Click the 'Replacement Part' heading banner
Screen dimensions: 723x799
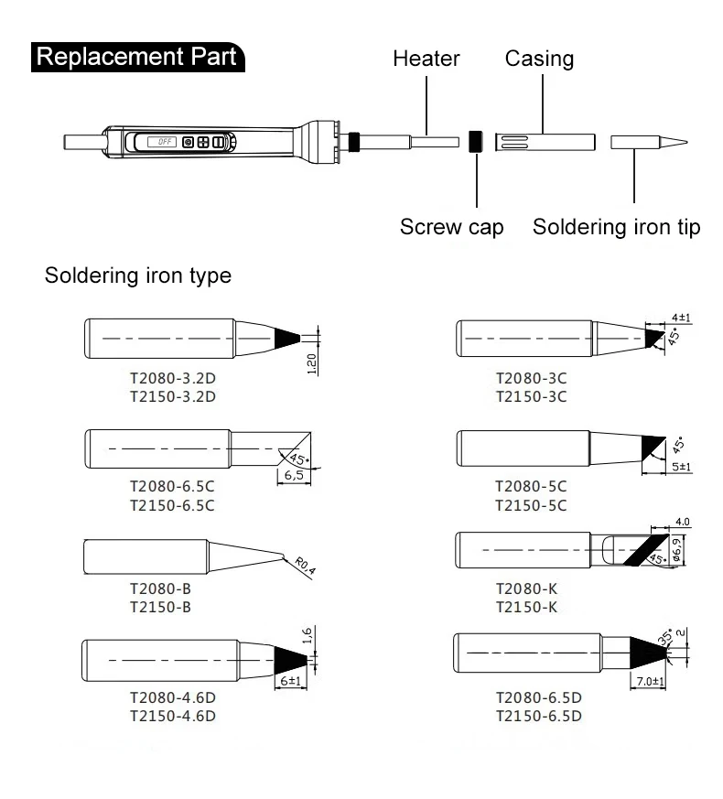click(x=137, y=57)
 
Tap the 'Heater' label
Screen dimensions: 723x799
click(x=426, y=59)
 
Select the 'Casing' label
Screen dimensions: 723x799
click(x=539, y=59)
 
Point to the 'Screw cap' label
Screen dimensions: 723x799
click(x=451, y=227)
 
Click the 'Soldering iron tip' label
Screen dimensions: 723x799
click(x=616, y=227)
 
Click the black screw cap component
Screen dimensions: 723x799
click(x=475, y=141)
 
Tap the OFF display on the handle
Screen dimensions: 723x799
click(x=162, y=142)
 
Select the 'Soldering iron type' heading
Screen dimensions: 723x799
click(x=137, y=275)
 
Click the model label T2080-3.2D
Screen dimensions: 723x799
click(x=173, y=379)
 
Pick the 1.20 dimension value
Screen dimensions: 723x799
click(x=312, y=364)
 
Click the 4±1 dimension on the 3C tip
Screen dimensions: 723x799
click(x=681, y=318)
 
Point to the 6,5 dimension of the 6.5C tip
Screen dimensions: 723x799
click(x=294, y=475)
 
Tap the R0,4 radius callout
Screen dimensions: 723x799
click(x=305, y=566)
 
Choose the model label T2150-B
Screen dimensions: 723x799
click(x=160, y=608)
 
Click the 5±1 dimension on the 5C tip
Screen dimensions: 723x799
click(x=681, y=467)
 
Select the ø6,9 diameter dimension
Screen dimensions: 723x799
click(x=676, y=549)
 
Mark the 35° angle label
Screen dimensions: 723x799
click(x=666, y=636)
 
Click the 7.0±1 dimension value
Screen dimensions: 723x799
click(x=651, y=682)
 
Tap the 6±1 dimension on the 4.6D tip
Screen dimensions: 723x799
click(x=291, y=681)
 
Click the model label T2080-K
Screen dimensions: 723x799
click(x=527, y=589)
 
